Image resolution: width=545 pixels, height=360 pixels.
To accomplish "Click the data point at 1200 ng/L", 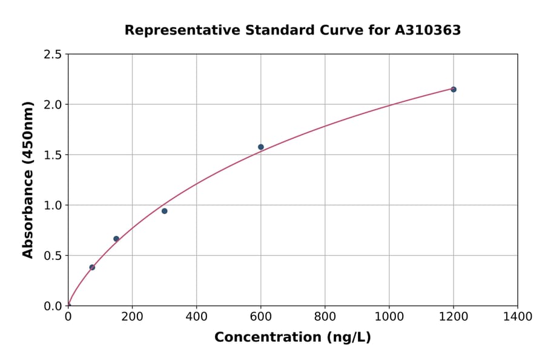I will pos(454,89).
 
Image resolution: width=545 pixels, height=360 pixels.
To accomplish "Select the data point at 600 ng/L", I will pos(261,147).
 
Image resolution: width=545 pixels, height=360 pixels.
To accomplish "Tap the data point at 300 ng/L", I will pos(165,211).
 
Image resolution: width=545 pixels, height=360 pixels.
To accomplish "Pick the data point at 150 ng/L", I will pos(116,239).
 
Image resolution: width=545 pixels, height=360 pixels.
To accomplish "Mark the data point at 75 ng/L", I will pos(92,267).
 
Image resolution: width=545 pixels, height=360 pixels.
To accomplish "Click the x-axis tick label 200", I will pos(132,317).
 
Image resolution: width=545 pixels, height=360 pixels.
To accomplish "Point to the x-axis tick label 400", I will pos(196,317).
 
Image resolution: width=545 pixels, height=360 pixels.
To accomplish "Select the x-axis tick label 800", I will pos(325,317).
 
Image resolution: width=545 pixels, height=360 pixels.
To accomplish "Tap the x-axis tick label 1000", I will pos(389,317).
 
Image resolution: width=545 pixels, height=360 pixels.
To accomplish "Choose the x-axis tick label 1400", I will pos(518,317).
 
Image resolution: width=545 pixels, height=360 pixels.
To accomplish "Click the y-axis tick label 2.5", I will pos(53,55).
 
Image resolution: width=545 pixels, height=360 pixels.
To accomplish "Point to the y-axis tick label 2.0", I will pos(53,105).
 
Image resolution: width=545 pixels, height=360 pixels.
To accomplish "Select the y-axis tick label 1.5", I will pos(53,155).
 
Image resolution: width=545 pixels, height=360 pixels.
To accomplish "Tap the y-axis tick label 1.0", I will pos(53,205).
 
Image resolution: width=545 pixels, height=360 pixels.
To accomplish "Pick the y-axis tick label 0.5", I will pos(53,256).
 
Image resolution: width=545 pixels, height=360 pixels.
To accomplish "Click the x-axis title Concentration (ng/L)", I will pos(292,338).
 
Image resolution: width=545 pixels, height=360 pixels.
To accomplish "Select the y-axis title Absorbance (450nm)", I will pos(28,180).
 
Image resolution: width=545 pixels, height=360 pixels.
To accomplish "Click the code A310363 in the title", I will pos(428,30).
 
